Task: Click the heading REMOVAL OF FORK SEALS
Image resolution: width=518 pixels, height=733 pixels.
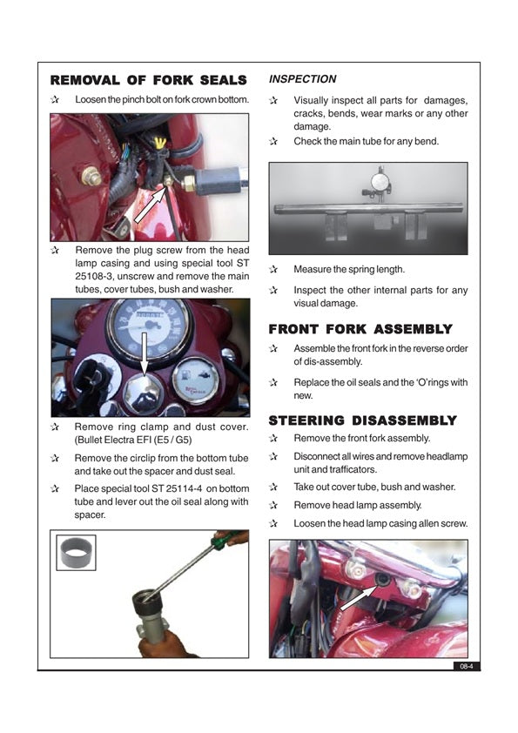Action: pos(148,79)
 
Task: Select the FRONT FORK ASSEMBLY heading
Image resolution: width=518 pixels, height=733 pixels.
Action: pos(360,329)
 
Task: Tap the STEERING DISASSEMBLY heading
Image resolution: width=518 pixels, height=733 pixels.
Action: pos(362,420)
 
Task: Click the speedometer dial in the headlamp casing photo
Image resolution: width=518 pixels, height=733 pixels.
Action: pos(147,327)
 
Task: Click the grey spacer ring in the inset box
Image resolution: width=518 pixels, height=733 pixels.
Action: pos(76,553)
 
